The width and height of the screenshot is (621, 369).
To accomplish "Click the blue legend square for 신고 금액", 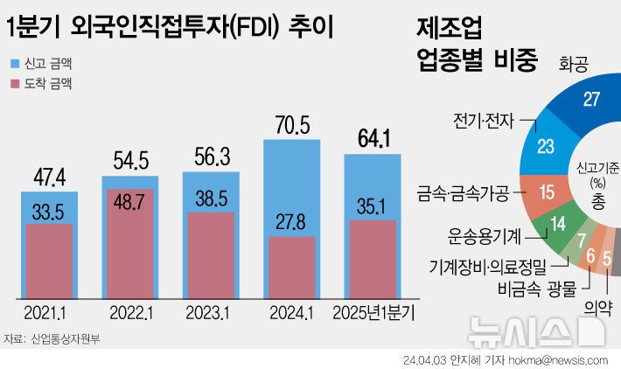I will click(x=15, y=64).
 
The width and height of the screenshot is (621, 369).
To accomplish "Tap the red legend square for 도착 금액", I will click(x=15, y=85).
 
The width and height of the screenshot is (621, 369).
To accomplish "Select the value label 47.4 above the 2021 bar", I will click(x=49, y=179).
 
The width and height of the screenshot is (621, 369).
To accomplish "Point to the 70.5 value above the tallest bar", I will click(x=291, y=126).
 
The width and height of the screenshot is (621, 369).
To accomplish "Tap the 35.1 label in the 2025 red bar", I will click(x=373, y=205).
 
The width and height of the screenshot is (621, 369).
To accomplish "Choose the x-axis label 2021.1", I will click(x=49, y=312).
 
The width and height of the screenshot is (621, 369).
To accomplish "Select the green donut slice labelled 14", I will click(x=557, y=223).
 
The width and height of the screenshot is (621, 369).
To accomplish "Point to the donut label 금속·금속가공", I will click(x=463, y=191).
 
